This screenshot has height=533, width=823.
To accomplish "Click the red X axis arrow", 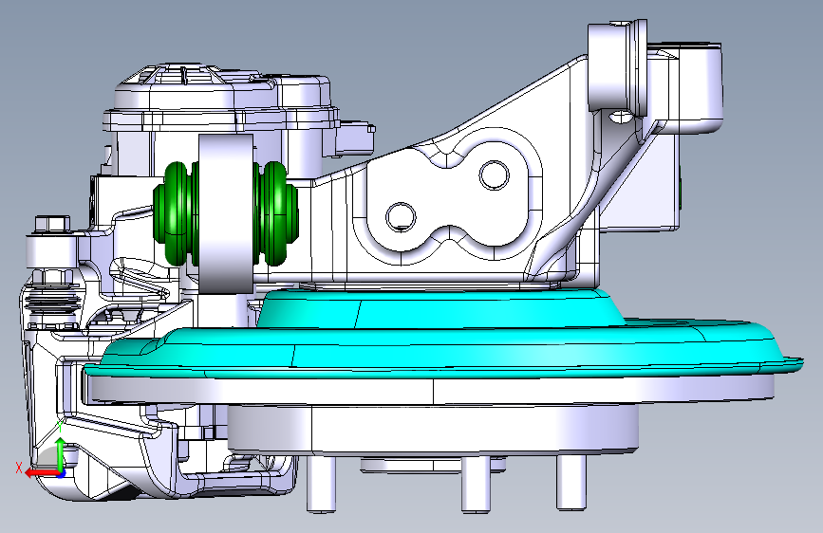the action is point(42,473).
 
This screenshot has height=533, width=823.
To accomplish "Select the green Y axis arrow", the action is point(61,455).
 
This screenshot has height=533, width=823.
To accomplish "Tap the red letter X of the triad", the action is point(19,468).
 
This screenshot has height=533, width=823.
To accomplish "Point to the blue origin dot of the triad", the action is point(62,474).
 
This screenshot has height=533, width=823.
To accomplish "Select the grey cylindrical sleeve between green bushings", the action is point(226,213).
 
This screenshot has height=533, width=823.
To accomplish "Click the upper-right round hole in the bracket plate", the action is point(494,175).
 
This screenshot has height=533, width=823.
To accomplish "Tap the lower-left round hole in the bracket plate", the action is point(401,216).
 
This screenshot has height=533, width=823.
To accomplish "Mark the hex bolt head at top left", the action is point(52,225).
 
